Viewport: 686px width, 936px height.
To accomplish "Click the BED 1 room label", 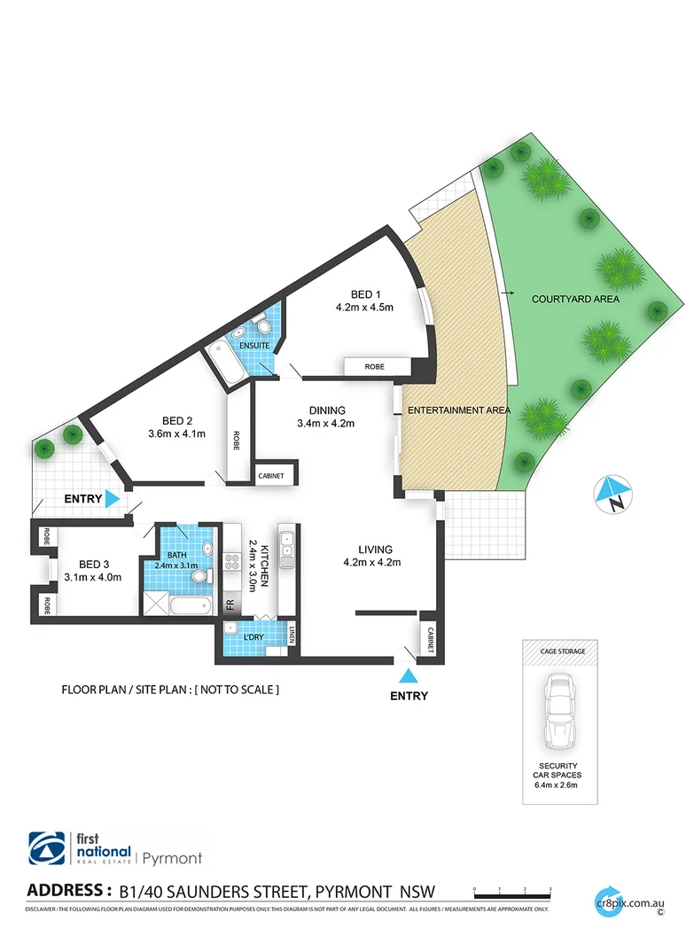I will (x=363, y=294).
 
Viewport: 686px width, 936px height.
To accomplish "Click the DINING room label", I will (x=327, y=409).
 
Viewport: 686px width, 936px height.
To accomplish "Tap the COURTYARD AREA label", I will (x=575, y=300).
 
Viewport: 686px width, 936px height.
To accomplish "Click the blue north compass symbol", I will (x=612, y=494).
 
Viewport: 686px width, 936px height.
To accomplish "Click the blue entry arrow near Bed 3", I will (x=113, y=499).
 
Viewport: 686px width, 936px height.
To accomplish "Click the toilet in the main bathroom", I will (x=199, y=576).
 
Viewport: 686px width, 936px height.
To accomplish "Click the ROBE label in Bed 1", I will (x=377, y=366).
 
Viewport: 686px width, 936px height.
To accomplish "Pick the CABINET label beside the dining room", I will (x=271, y=476).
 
